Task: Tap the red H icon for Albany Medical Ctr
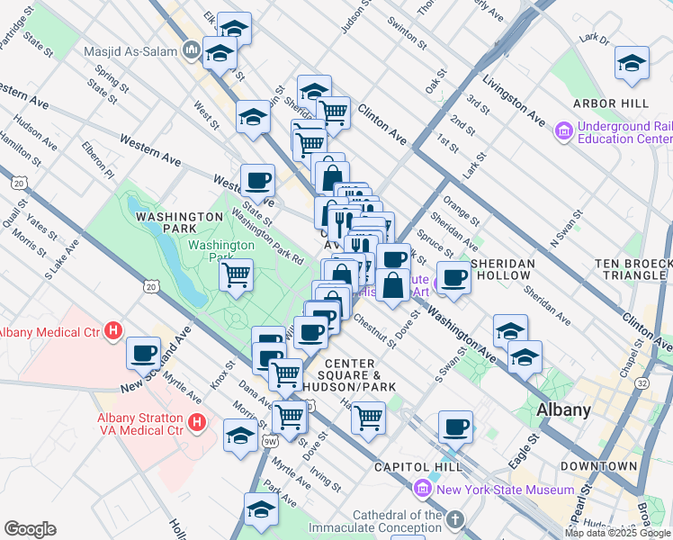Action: [x=113, y=331]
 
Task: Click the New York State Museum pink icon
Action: [x=423, y=490]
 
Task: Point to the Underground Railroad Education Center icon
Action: [x=564, y=131]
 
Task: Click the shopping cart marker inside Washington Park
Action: [x=237, y=274]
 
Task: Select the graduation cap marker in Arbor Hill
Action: [x=632, y=62]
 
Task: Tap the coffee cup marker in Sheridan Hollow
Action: [x=454, y=276]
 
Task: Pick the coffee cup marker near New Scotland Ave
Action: [x=144, y=352]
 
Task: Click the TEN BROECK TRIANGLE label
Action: [x=633, y=269]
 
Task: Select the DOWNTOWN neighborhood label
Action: [x=598, y=466]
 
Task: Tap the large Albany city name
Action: [x=563, y=409]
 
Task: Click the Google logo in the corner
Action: [x=30, y=529]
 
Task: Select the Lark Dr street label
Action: [x=595, y=39]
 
